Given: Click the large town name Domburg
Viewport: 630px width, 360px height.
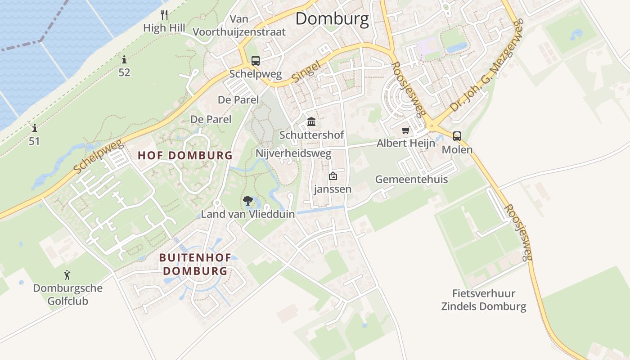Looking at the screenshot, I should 332,19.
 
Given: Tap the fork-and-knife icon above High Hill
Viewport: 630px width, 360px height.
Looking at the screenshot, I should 164,15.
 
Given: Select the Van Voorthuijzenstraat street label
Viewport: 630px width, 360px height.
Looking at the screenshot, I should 239,25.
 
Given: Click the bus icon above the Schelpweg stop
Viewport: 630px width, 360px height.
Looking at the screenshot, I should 255,60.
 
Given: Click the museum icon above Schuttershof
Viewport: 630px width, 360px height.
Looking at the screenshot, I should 311,121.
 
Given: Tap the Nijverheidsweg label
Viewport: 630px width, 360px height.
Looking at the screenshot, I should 293,153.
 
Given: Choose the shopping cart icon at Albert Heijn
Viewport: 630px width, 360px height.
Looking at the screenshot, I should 406,130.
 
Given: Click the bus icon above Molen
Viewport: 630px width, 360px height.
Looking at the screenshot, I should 457,136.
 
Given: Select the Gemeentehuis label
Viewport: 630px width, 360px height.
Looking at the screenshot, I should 411,180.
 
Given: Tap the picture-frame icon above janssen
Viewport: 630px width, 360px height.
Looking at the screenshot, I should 333,176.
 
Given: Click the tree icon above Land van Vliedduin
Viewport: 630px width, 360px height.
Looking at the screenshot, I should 247,201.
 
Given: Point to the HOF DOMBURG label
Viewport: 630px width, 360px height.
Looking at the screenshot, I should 185,156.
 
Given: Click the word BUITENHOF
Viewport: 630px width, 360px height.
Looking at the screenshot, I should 195,258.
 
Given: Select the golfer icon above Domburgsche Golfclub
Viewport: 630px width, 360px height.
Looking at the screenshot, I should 67,274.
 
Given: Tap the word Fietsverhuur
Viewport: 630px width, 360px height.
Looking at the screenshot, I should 484,294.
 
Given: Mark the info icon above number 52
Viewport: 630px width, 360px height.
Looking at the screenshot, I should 124,59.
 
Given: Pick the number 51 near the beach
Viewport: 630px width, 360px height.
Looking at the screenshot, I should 34,141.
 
